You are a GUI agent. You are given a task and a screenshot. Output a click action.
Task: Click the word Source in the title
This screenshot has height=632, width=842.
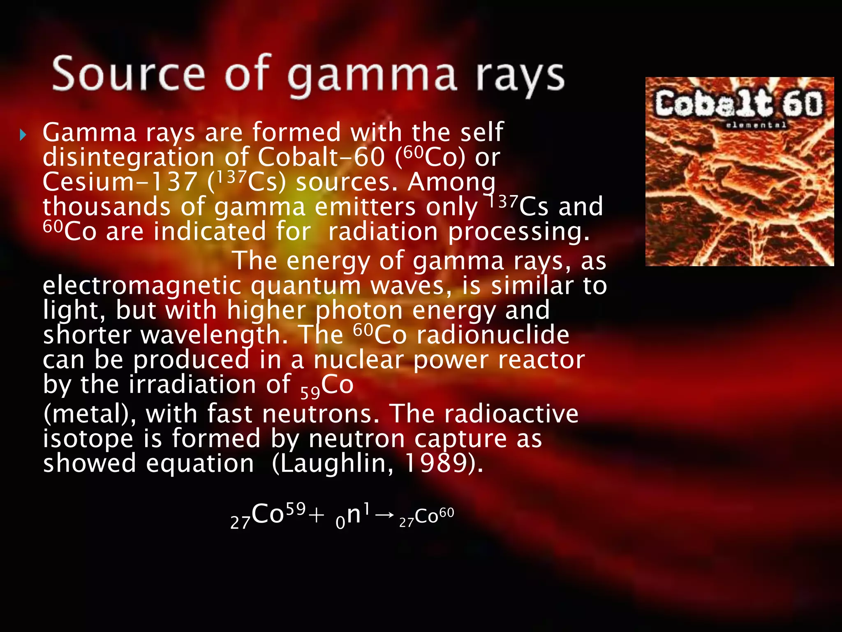(128, 74)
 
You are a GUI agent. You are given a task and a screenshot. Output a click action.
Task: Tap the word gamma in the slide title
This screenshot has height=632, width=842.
(372, 77)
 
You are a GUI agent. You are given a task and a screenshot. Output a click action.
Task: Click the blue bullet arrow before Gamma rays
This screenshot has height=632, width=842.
(23, 135)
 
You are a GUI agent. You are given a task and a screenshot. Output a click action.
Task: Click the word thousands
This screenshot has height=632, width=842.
(106, 207)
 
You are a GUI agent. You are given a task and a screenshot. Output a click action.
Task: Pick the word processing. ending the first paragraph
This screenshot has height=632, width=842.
(519, 232)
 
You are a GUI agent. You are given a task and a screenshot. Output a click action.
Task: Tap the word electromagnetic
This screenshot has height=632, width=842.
(142, 286)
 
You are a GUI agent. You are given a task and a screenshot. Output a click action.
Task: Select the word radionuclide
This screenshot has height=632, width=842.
(493, 335)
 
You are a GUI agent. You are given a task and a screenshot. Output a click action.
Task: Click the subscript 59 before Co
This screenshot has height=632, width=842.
(310, 393)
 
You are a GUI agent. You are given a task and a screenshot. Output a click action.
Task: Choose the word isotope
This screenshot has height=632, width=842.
(88, 438)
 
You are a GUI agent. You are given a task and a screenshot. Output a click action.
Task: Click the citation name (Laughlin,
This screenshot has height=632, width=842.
(333, 463)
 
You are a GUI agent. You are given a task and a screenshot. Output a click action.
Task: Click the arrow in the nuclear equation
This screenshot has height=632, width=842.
(385, 515)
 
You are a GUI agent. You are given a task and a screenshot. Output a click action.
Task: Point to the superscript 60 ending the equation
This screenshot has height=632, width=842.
(446, 513)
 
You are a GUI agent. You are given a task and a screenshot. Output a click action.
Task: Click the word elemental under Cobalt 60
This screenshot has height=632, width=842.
(756, 125)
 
